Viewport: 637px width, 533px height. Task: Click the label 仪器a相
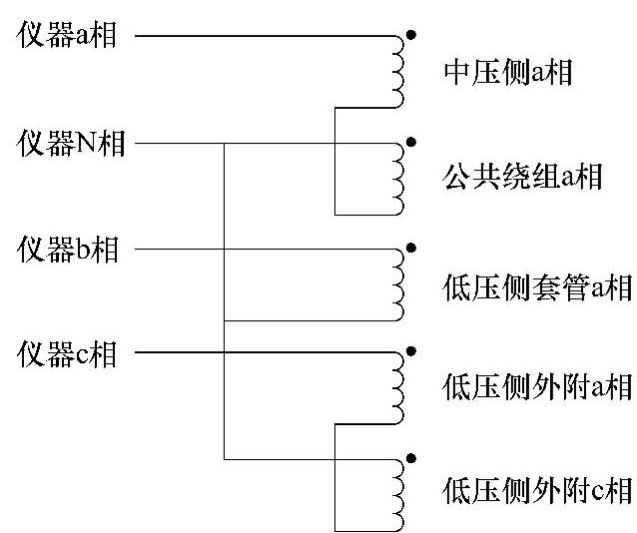point(67,37)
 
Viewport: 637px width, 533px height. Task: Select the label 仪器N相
point(71,144)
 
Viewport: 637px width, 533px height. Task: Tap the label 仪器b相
point(67,249)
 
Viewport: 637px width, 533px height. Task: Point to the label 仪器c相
point(67,354)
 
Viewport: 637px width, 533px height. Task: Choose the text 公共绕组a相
point(521,179)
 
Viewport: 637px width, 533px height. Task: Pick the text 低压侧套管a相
point(536,286)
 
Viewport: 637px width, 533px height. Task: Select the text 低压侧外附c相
point(536,491)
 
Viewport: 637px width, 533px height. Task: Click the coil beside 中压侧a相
point(399,71)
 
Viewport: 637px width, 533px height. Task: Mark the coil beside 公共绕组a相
point(399,178)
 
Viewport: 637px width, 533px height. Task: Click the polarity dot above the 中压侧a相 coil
point(411,35)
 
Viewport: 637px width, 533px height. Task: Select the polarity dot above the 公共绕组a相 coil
point(411,142)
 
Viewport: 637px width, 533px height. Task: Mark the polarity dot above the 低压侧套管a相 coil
point(411,247)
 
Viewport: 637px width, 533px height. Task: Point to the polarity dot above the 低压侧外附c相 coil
point(411,458)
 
